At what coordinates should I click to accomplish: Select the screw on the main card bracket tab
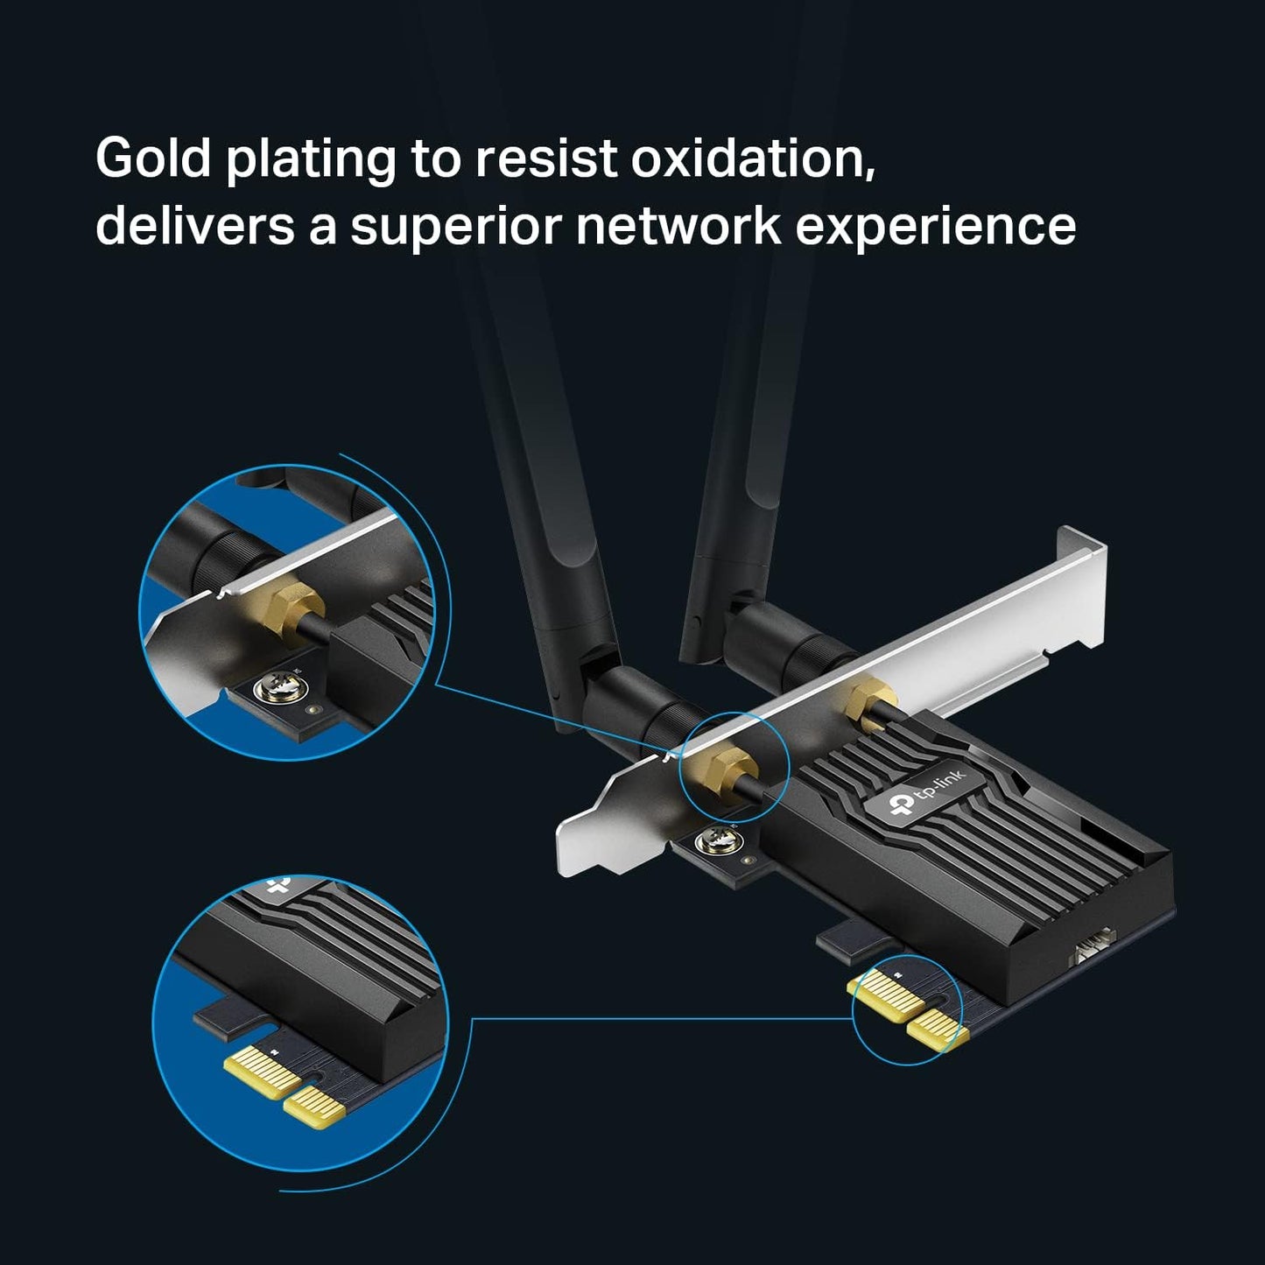(x=709, y=842)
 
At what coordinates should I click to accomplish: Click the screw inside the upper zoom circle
(x=274, y=691)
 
